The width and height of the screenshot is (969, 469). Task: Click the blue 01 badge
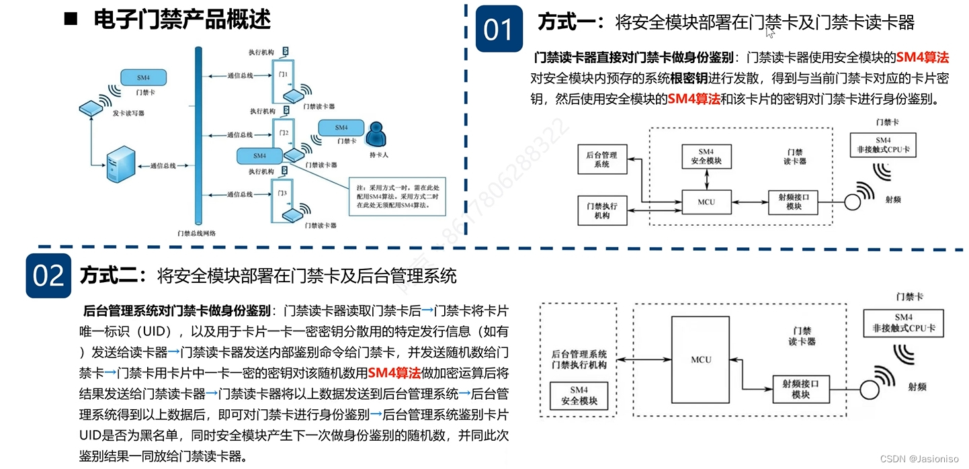499,29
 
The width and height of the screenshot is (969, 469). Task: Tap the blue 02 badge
48,275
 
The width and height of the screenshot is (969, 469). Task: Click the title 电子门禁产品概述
182,19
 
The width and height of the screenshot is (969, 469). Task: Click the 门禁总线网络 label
196,232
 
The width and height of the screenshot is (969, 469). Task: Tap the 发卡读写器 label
128,114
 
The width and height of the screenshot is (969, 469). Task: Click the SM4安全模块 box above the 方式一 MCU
706,157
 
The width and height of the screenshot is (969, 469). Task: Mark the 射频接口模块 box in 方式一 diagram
794,202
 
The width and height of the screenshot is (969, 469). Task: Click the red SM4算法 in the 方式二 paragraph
394,373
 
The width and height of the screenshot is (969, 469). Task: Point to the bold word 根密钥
689,78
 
